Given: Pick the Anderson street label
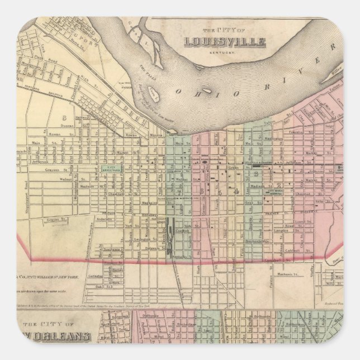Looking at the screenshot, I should coord(104,220).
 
